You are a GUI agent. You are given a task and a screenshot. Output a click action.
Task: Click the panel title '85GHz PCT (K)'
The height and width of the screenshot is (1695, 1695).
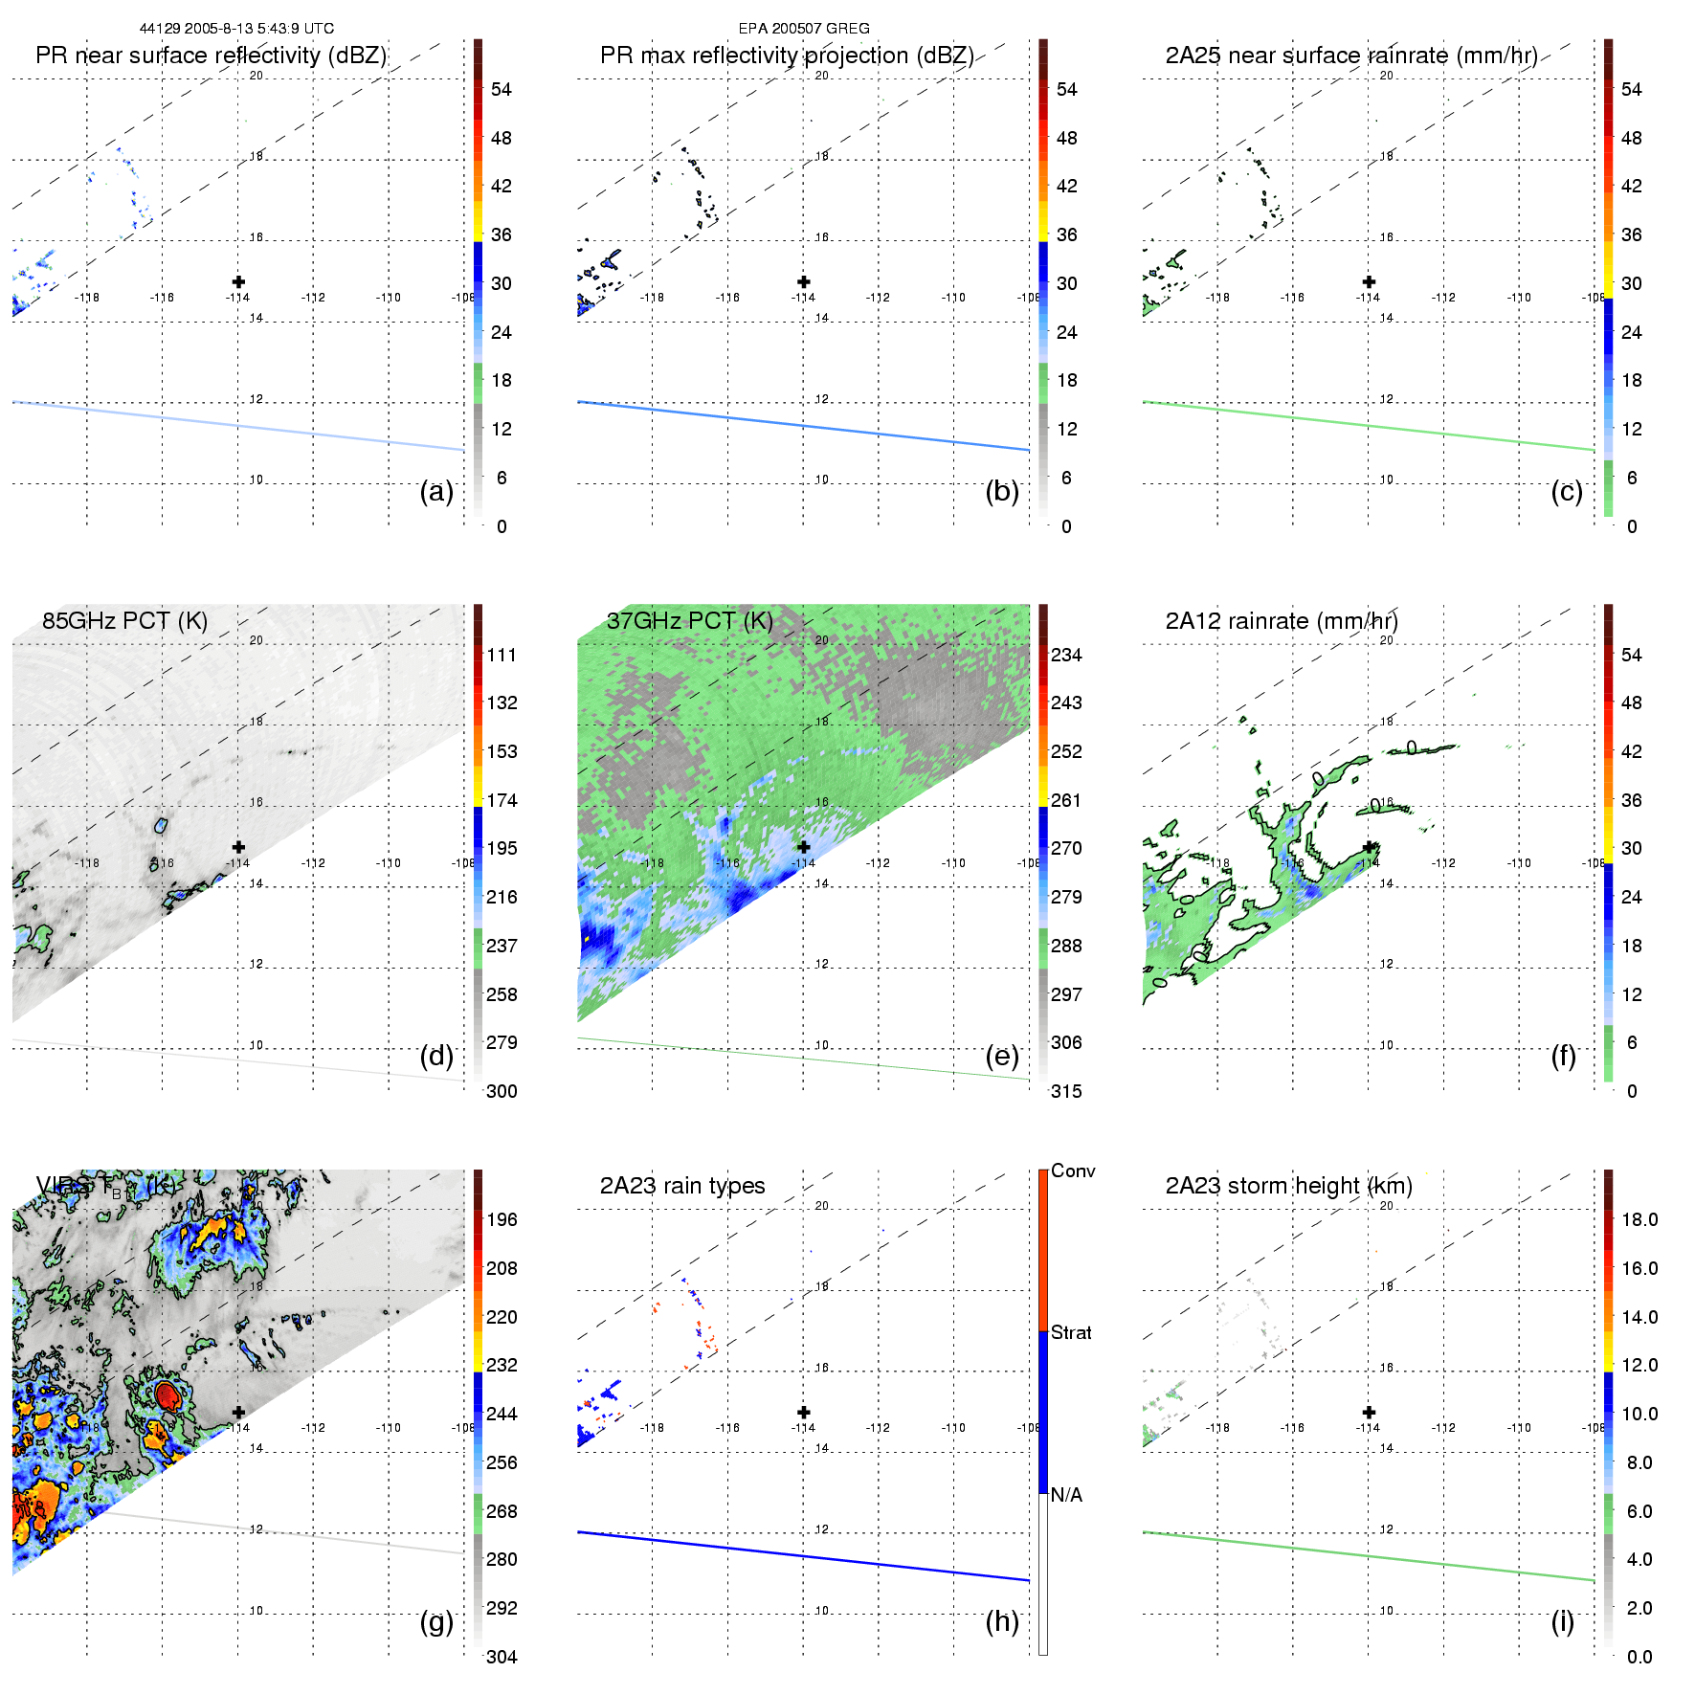coord(124,621)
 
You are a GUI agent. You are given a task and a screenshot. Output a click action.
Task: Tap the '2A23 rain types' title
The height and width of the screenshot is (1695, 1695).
coord(682,1186)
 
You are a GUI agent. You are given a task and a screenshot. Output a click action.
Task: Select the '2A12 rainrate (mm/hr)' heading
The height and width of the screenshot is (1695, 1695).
coord(1282,621)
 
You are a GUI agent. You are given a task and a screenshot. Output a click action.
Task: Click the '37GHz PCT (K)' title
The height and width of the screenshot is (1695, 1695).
coord(689,621)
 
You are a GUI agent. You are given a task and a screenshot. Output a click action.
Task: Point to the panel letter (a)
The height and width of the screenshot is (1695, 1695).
coord(436,492)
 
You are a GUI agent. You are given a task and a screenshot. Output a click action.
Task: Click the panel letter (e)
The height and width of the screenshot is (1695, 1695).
coord(1002,1057)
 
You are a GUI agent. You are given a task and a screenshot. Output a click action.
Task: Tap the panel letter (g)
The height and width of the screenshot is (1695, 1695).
coord(436,1621)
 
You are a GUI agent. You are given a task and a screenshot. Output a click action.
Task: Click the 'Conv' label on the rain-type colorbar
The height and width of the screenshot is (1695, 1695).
coord(1073,1171)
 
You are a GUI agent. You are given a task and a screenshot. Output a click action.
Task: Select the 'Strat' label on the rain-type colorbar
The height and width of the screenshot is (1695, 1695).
coord(1071,1333)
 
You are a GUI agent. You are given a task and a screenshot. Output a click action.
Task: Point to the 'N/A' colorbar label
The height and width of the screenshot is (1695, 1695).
coord(1066,1495)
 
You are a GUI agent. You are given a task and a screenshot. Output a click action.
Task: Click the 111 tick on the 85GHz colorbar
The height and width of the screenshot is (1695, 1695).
coord(502,656)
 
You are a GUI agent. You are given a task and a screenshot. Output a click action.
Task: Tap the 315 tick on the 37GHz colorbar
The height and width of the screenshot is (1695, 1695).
coord(1066,1092)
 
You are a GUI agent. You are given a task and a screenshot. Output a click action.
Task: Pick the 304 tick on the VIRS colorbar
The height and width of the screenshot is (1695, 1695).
coord(502,1657)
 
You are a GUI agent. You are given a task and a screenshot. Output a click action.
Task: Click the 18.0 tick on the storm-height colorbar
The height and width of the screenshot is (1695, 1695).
coord(1639,1220)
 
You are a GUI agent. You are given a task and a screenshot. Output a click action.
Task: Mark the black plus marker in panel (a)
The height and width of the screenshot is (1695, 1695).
coord(238,281)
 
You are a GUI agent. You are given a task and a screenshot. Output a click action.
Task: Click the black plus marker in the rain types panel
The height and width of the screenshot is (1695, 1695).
coord(804,1412)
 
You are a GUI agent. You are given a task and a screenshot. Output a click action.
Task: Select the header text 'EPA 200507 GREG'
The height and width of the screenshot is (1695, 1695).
coord(804,29)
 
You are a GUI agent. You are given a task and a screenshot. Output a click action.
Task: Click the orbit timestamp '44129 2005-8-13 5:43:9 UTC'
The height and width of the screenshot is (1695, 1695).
coord(236,29)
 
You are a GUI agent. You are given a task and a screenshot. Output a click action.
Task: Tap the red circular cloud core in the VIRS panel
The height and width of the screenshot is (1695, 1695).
coord(168,1395)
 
